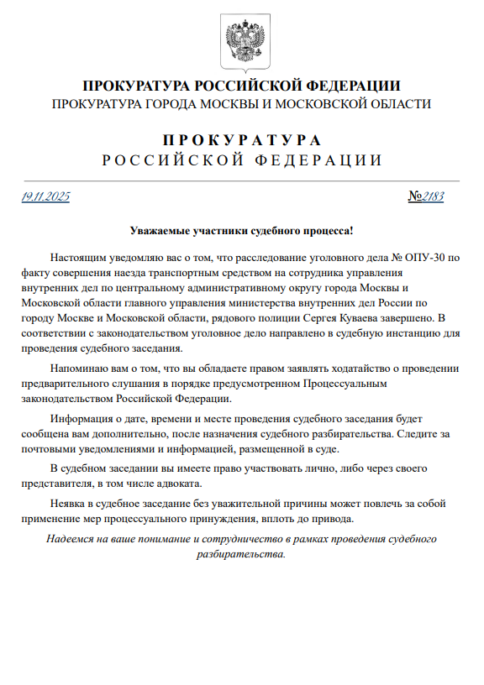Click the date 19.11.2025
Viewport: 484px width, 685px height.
pyautogui.click(x=45, y=197)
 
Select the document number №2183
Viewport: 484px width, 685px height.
pyautogui.click(x=426, y=197)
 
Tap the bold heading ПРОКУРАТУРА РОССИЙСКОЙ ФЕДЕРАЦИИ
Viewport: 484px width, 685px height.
pyautogui.click(x=242, y=86)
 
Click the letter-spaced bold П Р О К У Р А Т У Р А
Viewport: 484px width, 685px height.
pyautogui.click(x=242, y=139)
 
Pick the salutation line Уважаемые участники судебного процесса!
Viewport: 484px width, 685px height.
pyautogui.click(x=242, y=230)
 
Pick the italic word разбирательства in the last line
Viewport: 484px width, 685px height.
pyautogui.click(x=240, y=554)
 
